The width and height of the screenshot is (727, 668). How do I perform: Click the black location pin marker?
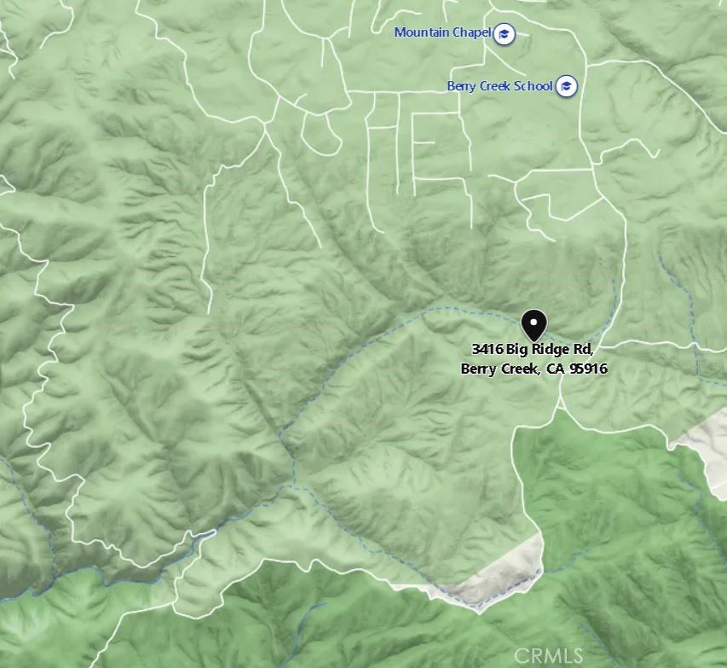[534, 324]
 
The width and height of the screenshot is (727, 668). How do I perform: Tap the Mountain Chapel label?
[442, 32]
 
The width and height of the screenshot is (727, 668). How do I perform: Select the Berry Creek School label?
[499, 86]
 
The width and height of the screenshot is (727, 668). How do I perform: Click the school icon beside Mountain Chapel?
[505, 33]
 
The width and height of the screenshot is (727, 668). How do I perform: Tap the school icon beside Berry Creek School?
[567, 86]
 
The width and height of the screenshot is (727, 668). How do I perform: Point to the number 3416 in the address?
[488, 350]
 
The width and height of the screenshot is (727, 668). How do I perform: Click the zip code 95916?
[588, 369]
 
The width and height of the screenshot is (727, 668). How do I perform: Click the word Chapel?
[473, 32]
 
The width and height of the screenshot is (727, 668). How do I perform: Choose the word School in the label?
[534, 86]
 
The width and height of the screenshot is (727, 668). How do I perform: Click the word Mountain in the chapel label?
[422, 32]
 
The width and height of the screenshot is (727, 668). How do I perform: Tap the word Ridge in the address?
[552, 350]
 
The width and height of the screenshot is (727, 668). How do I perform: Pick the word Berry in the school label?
[462, 86]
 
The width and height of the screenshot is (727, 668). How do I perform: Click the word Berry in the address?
[478, 369]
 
